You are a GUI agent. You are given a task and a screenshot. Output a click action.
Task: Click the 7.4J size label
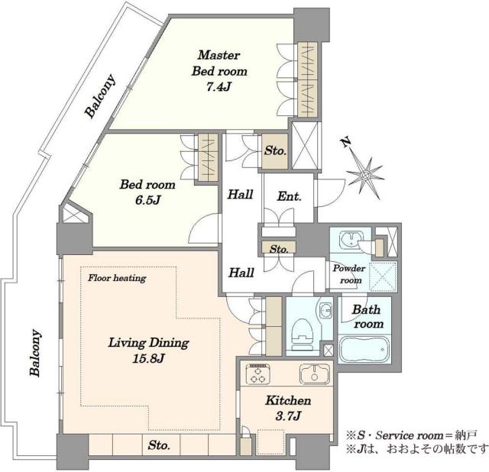(x=219, y=87)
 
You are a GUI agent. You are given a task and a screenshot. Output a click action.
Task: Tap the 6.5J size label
(x=147, y=200)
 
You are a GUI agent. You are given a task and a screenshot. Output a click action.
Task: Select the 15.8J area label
(x=148, y=358)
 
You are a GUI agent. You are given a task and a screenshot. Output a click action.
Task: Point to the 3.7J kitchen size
(x=288, y=415)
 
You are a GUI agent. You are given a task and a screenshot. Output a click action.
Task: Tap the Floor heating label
(x=117, y=277)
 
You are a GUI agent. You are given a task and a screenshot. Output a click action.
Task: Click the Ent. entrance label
(x=289, y=196)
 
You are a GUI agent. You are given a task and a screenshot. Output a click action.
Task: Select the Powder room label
(x=349, y=274)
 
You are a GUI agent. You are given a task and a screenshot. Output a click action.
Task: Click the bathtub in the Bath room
(x=364, y=349)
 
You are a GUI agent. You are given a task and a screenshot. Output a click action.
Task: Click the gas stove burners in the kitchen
(x=258, y=374)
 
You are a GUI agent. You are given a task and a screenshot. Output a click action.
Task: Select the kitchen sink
(x=315, y=373)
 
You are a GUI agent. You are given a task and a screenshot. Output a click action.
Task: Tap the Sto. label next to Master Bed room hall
(x=275, y=151)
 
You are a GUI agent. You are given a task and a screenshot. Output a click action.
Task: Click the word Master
(x=219, y=55)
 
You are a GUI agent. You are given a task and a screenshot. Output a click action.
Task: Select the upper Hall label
(x=240, y=194)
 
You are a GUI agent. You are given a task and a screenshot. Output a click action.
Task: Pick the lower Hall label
(x=241, y=273)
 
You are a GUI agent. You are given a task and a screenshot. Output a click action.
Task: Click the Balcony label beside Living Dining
(x=35, y=353)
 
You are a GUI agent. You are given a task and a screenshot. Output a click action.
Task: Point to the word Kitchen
(x=288, y=400)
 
